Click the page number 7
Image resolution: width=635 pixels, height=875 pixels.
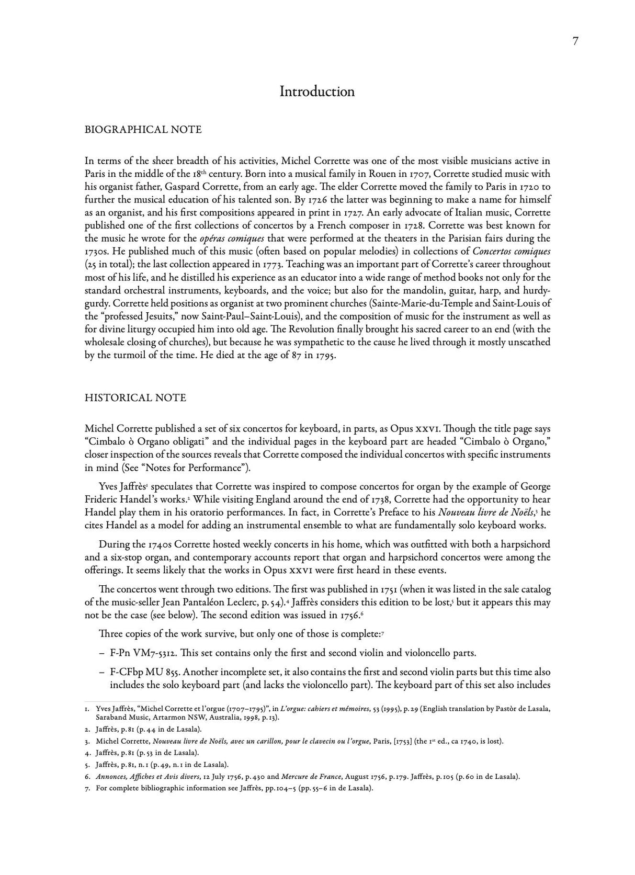pyautogui.click(x=575, y=42)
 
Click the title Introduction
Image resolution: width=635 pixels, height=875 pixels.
pyautogui.click(x=317, y=92)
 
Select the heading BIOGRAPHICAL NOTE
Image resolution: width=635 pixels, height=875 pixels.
pyautogui.click(x=143, y=130)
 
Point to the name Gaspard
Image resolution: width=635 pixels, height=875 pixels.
pyautogui.click(x=182, y=187)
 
